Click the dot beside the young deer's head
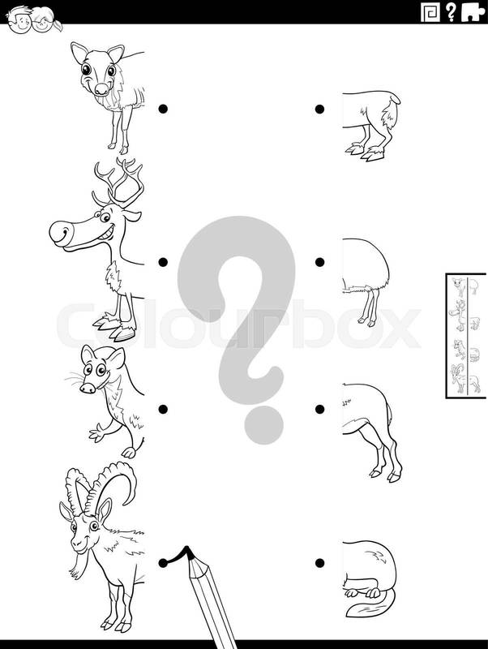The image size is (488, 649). (164, 109)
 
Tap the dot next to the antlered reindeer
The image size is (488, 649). (164, 262)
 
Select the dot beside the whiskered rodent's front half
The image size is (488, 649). (164, 409)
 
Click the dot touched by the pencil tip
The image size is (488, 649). (164, 563)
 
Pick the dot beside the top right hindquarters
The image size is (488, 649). (319, 109)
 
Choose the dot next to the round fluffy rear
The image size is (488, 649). (319, 262)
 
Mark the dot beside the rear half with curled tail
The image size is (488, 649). (319, 563)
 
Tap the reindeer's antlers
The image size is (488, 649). (118, 182)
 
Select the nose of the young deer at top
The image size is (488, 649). (101, 88)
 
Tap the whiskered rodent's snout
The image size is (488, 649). (88, 388)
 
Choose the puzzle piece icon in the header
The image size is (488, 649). (473, 12)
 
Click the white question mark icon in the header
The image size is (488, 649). (451, 12)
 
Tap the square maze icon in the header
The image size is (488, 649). (430, 12)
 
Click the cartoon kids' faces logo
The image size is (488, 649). (33, 19)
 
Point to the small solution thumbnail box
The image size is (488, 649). (465, 335)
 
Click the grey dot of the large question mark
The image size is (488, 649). (263, 424)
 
